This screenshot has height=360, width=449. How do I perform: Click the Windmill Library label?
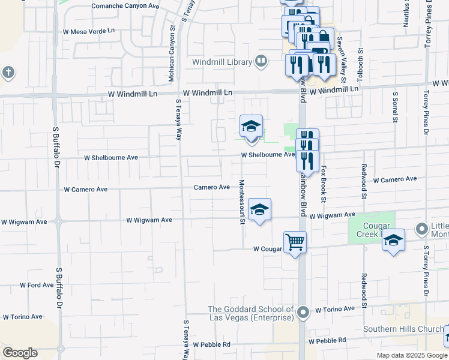[223, 61]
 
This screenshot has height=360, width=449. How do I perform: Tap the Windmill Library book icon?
[261, 61]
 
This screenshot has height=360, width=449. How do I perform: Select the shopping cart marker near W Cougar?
[295, 242]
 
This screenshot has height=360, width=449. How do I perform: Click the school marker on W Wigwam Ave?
[259, 209]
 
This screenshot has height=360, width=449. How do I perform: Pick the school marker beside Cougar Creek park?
[393, 240]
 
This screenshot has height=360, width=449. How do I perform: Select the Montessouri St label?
[243, 202]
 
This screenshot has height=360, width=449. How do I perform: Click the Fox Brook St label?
[323, 184]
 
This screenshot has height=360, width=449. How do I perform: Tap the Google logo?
[20, 353]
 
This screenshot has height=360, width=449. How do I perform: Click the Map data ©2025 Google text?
[412, 355]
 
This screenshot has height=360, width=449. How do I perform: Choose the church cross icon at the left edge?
[7, 73]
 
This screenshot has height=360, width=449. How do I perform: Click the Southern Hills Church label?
[403, 329]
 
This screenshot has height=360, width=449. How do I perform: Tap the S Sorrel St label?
[395, 106]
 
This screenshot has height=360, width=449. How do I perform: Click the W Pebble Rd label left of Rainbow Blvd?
[211, 344]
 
